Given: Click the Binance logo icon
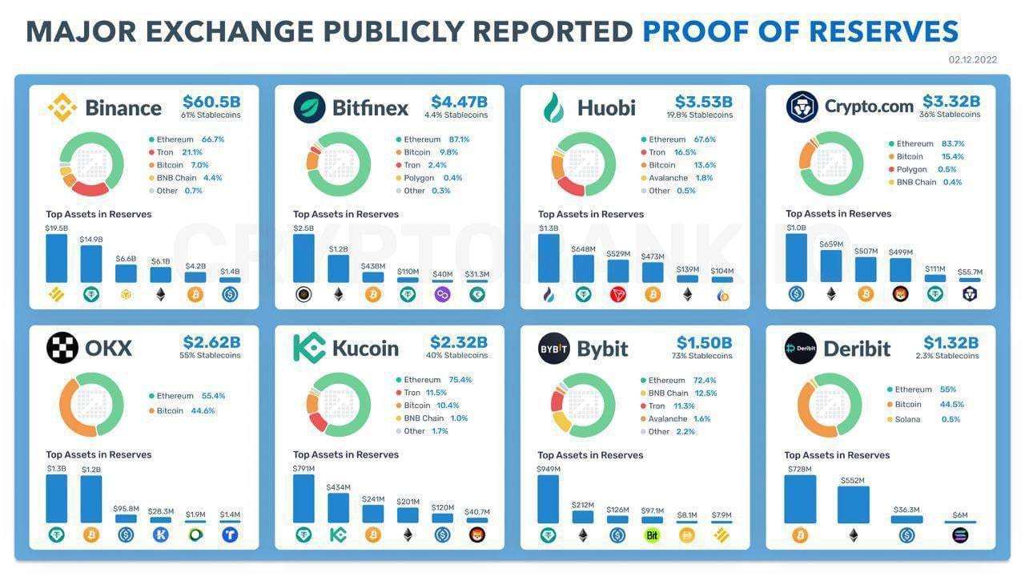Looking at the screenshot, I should point(62,107).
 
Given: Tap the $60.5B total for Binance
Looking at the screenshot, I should point(211,102).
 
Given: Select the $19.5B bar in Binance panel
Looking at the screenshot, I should point(56,258).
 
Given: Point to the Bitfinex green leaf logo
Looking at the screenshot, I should point(309,107).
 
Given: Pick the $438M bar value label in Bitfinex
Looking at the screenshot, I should point(372,266).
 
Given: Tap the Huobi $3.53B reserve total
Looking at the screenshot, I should point(703,102).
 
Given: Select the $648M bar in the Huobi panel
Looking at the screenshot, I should point(583,268).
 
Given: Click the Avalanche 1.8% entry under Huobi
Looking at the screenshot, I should point(677,178).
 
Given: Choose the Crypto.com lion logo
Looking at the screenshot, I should point(801,107).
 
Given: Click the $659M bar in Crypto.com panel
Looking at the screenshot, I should point(830,266).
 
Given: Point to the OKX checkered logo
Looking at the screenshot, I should point(62,348).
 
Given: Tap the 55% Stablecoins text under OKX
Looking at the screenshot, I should point(211,356).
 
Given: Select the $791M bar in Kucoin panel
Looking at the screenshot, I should point(303,498).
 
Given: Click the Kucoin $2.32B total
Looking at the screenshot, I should point(458,342).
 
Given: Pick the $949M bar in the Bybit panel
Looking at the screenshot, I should point(548,499).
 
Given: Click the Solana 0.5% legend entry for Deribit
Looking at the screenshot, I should point(922,419).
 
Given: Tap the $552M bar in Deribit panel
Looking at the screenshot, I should point(853,505).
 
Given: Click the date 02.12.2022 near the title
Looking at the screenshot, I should point(973,60).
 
